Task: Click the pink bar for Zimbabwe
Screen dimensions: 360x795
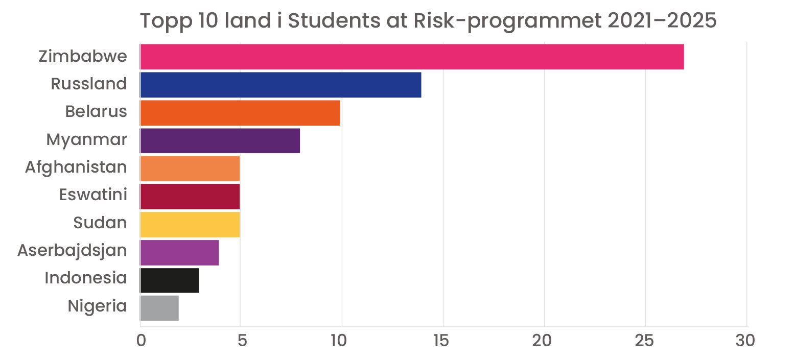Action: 412,57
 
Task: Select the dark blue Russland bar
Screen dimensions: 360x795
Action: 280,85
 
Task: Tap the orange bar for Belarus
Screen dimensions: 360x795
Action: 240,113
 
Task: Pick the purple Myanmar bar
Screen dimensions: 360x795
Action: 220,140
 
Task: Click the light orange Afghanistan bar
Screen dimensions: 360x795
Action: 190,169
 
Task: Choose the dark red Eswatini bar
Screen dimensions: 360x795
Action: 190,197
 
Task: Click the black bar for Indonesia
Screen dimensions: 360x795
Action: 169,280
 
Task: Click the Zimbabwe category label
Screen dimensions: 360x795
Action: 83,56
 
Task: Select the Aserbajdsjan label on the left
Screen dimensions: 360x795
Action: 72,251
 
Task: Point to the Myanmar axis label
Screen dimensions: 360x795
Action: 86,140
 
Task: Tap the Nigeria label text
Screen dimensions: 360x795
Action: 97,306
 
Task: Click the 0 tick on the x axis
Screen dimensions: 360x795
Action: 141,341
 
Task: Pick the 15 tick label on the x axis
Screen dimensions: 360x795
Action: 443,341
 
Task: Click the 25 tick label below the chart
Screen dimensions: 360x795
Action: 645,341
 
